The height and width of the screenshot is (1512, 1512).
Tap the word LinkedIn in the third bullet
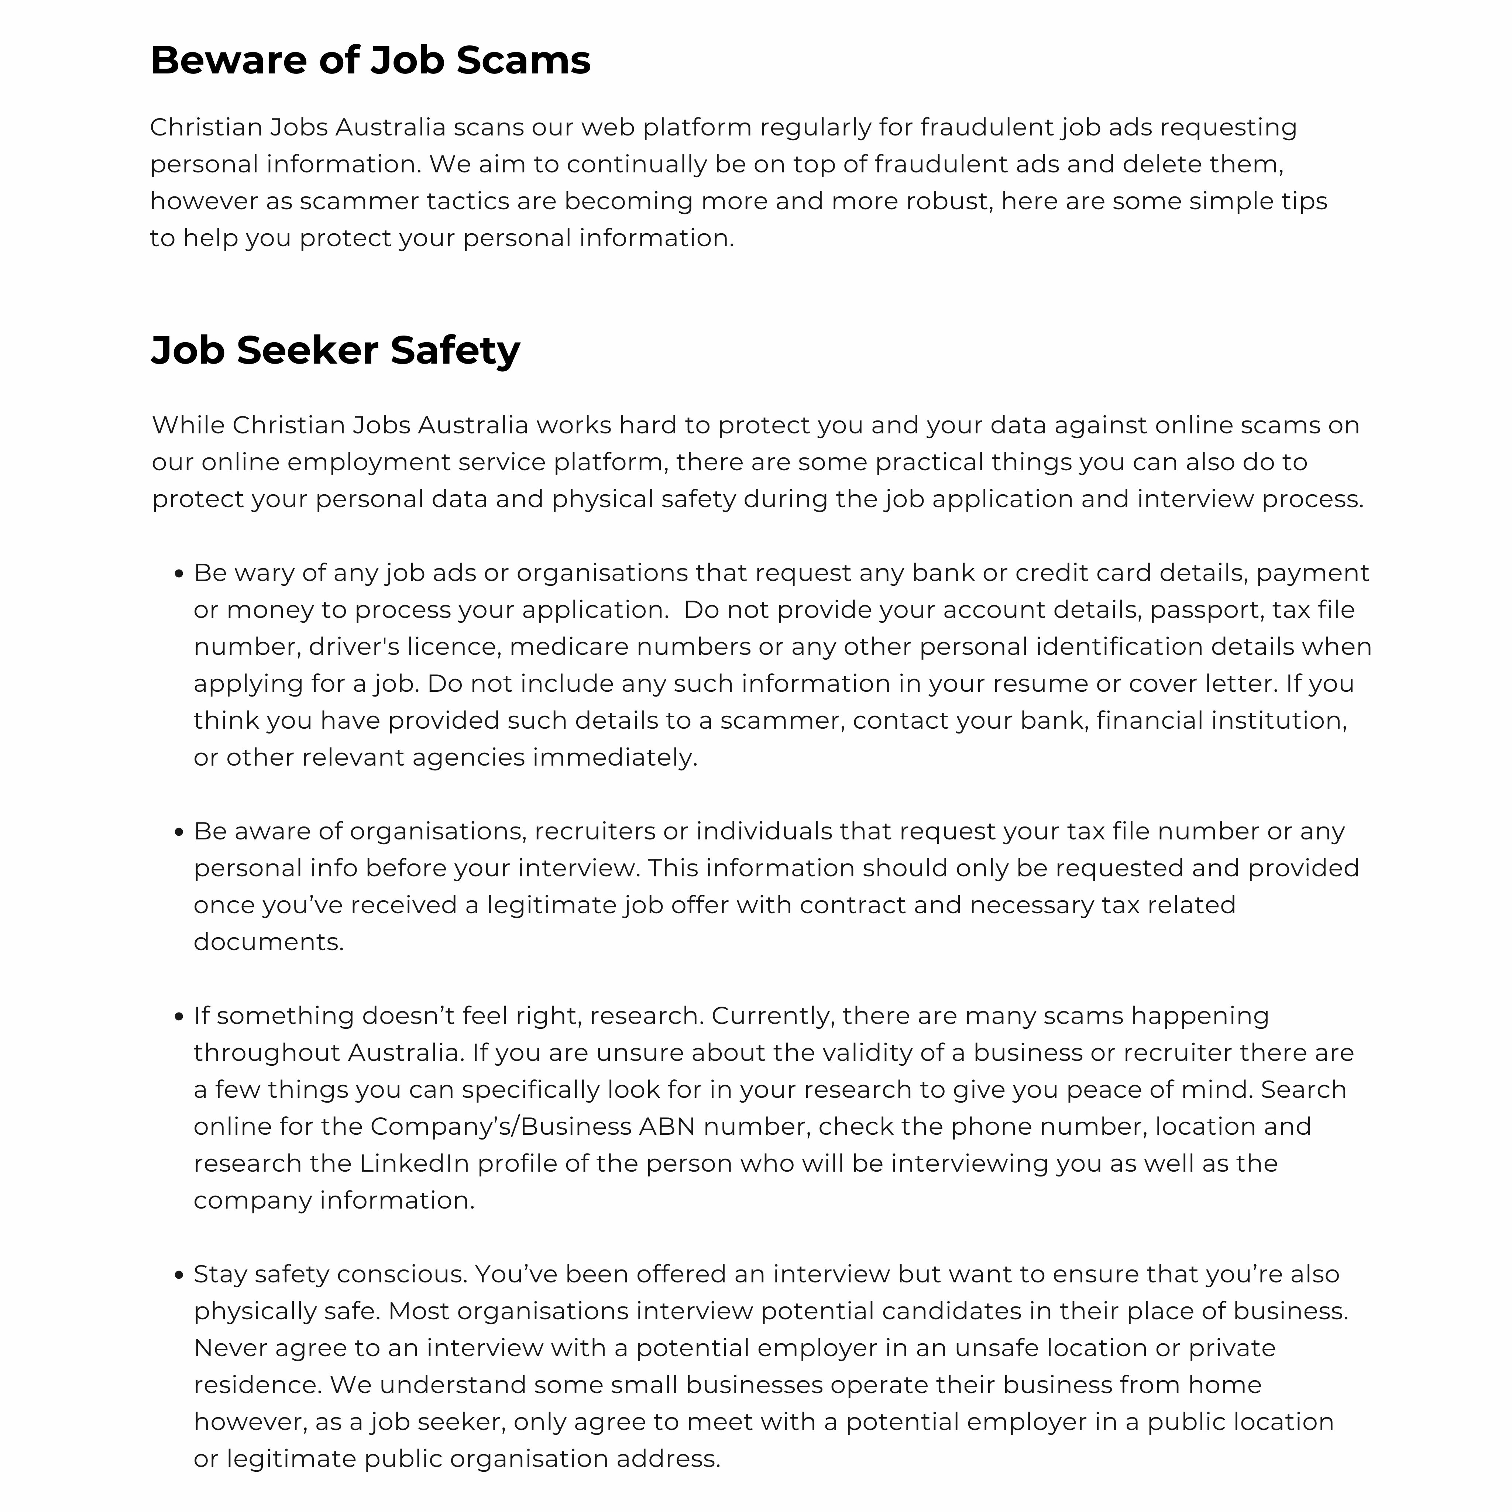pos(414,1164)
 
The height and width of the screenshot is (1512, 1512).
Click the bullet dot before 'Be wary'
pos(178,574)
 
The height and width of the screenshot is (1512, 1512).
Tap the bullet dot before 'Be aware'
pos(178,832)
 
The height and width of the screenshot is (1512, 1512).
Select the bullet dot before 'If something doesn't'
pos(178,1017)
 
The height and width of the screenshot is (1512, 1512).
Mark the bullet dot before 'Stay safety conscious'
pos(178,1275)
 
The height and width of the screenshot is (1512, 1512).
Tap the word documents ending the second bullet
pos(268,942)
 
